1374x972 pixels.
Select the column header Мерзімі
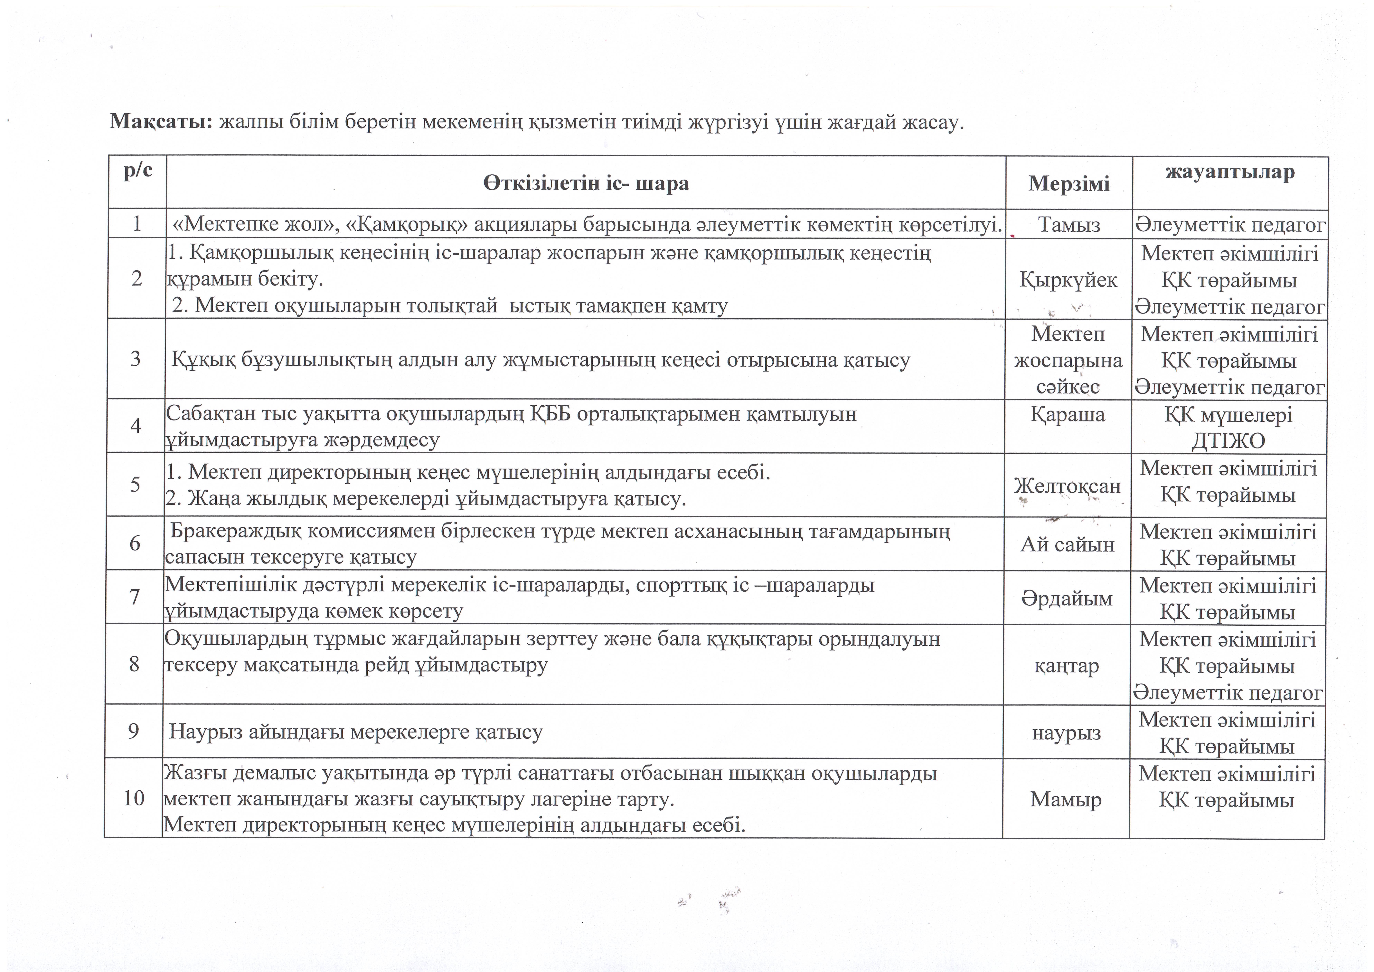coord(1069,183)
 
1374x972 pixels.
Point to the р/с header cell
coord(138,171)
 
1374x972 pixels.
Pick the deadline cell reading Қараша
coord(1068,414)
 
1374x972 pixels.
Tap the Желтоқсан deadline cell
coord(1068,485)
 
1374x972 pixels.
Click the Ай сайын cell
coord(1068,544)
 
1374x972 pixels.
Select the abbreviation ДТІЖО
coord(1228,441)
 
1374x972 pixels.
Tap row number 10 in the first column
coord(133,798)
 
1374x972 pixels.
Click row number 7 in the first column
coord(135,597)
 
